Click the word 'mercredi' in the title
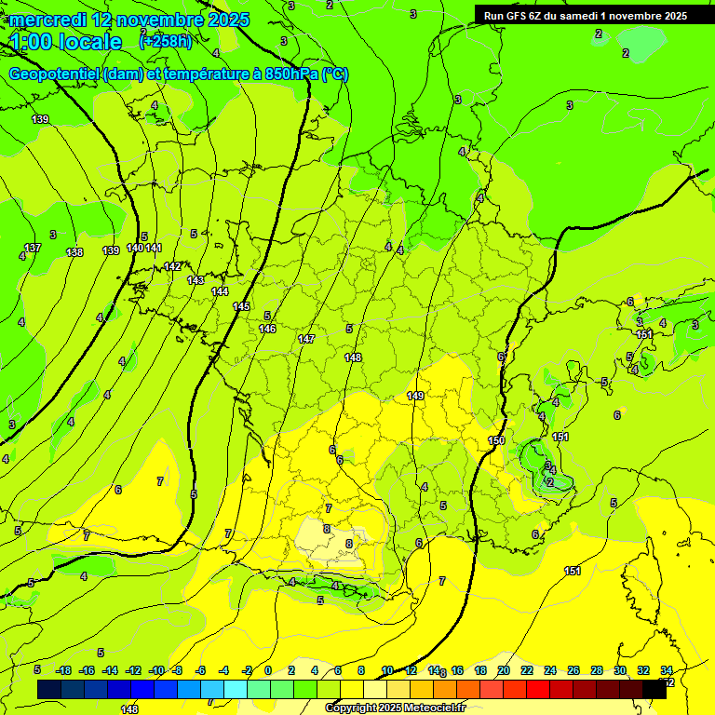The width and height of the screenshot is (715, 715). tap(48, 19)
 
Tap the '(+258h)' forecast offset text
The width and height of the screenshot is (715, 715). tap(166, 41)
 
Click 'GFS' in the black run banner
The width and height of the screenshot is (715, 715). tap(524, 16)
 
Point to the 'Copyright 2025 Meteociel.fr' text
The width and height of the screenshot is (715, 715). tap(395, 708)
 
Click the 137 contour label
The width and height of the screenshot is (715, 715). tap(33, 249)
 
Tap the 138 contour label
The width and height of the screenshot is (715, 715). tap(75, 253)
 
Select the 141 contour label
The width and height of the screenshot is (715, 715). tap(154, 248)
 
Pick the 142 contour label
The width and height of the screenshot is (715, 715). tap(172, 267)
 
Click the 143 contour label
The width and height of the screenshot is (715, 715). tap(196, 280)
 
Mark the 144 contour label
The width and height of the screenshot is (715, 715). tap(220, 291)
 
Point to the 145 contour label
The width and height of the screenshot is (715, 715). tap(241, 306)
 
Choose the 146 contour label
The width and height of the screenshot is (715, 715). tap(267, 329)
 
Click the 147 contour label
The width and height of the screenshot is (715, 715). tap(306, 340)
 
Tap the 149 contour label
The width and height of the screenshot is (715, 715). tap(415, 396)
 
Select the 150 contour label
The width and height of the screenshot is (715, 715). tap(496, 440)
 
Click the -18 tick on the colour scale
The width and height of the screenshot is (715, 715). tap(63, 670)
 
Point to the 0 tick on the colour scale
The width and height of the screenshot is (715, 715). tap(267, 670)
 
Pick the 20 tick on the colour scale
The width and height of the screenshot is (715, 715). tap(503, 670)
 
